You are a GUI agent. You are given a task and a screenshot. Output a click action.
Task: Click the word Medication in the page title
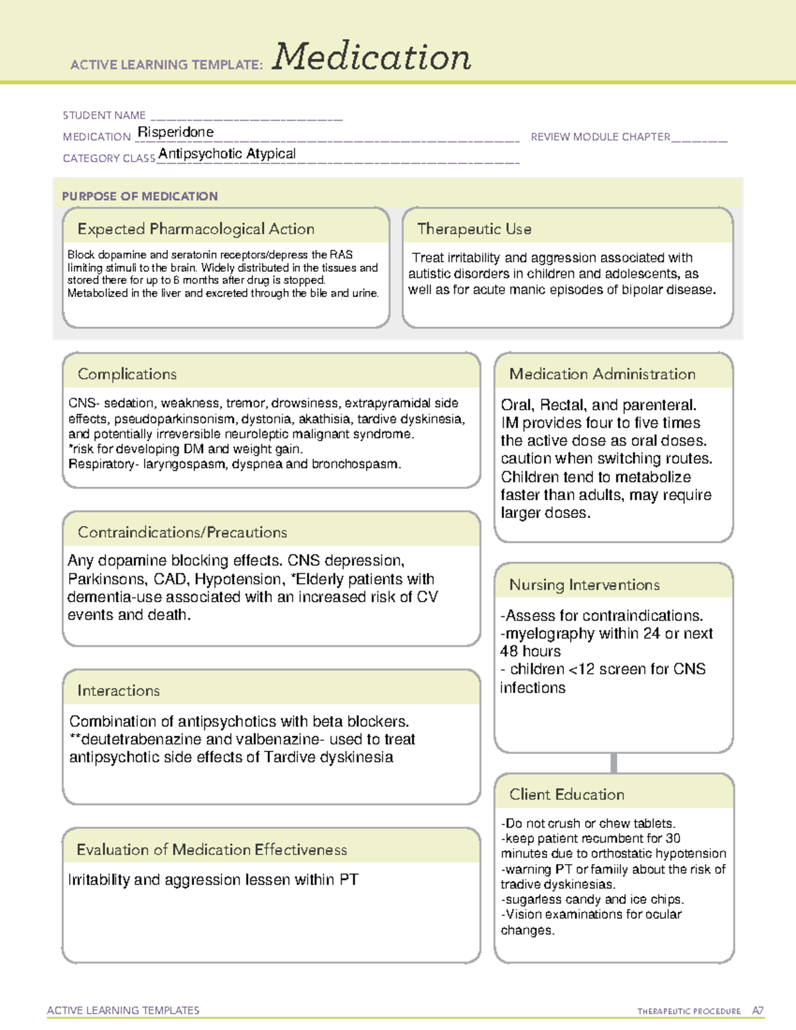click(x=371, y=57)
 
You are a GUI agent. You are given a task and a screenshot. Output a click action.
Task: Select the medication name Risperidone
click(x=175, y=132)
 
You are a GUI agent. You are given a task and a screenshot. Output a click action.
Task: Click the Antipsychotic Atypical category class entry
click(x=227, y=154)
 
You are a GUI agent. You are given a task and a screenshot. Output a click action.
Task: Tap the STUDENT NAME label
click(x=104, y=115)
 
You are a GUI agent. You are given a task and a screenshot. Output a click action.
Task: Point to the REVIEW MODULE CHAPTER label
click(x=600, y=137)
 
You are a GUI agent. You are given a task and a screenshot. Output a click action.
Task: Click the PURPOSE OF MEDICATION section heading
click(x=140, y=196)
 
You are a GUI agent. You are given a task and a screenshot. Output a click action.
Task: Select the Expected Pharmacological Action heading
click(x=196, y=229)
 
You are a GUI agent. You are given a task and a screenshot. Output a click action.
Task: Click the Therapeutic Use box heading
click(x=474, y=229)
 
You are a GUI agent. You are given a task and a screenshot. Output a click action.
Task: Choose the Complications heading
click(x=127, y=374)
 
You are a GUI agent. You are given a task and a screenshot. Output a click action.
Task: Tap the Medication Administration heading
click(x=602, y=374)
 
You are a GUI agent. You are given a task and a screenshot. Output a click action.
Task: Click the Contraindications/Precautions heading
click(x=182, y=533)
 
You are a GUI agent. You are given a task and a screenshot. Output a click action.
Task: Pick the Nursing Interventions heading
click(x=584, y=585)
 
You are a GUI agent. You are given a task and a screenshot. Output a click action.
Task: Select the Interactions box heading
click(x=119, y=691)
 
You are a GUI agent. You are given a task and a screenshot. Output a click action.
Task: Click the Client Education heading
click(x=566, y=795)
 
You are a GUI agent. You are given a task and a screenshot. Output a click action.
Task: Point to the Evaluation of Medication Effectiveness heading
click(x=212, y=850)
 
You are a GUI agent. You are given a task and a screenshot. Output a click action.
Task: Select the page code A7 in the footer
click(x=758, y=1011)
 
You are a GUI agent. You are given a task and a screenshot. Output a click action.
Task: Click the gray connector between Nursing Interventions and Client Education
click(x=614, y=763)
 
